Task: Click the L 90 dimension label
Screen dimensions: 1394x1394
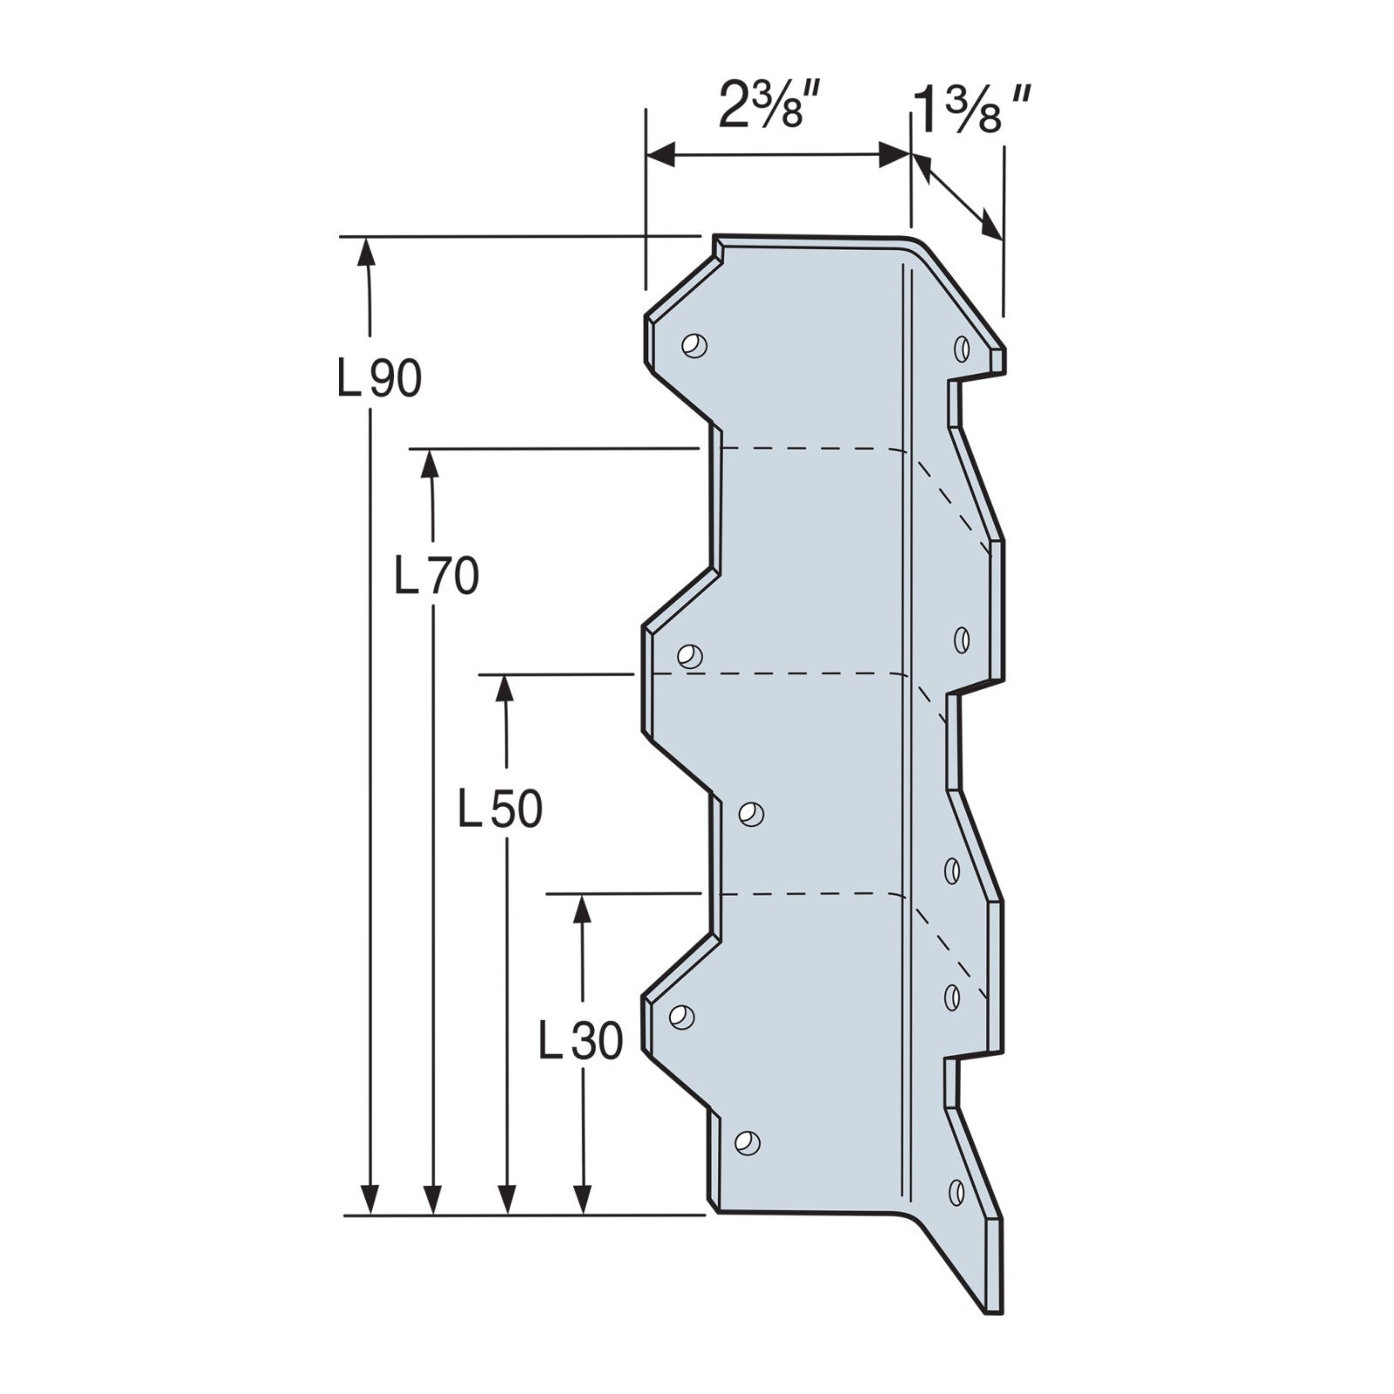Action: (x=379, y=379)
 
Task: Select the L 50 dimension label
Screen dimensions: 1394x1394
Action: (x=500, y=809)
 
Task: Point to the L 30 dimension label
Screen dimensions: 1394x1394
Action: (x=580, y=1041)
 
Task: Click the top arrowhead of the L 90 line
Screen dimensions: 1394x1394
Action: (x=369, y=252)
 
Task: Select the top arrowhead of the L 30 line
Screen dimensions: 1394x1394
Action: (x=582, y=910)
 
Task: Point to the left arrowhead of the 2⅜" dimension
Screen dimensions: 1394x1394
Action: (x=662, y=155)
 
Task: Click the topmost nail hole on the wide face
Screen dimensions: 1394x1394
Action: (x=694, y=345)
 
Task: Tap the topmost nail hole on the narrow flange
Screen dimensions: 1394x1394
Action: (x=961, y=348)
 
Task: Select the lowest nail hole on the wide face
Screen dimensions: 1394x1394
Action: (x=747, y=1142)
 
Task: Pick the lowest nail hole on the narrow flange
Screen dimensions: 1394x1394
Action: (x=956, y=1190)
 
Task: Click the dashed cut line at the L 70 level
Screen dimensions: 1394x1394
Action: (x=810, y=449)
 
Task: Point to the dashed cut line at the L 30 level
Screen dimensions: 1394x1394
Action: (x=810, y=894)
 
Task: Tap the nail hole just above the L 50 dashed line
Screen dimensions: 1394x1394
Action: (x=690, y=655)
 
